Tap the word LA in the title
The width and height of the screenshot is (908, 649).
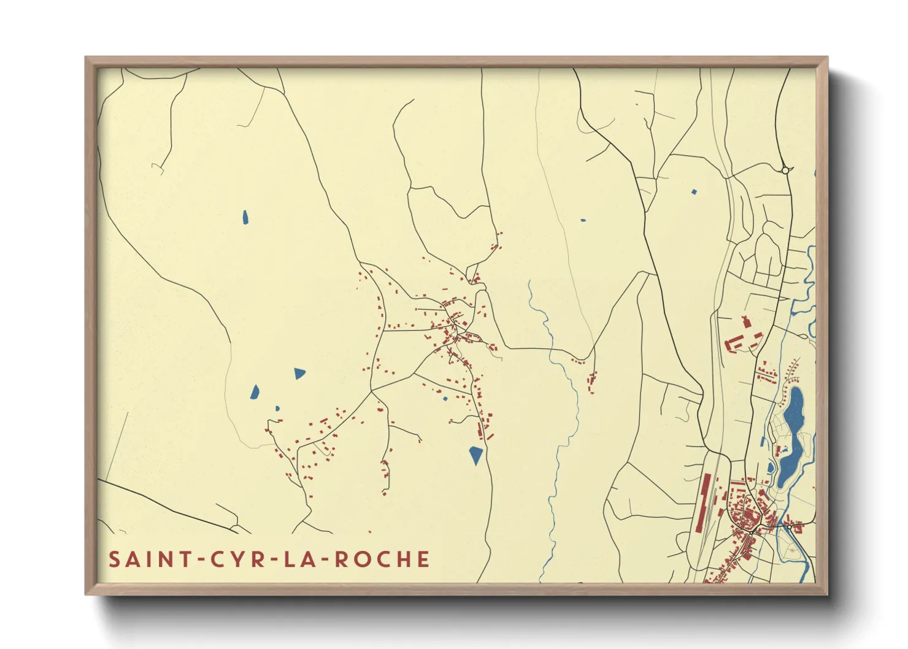[x=302, y=559]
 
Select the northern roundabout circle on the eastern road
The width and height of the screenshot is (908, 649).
[x=785, y=170]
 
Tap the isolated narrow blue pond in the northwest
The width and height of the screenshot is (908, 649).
[x=245, y=217]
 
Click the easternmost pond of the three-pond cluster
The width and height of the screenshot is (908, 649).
[x=299, y=373]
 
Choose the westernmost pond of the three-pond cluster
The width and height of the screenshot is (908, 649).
[x=255, y=391]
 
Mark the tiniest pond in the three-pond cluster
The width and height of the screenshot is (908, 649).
[x=277, y=408]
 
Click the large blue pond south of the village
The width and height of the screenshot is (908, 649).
[x=476, y=455]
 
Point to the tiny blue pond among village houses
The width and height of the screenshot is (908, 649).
[x=445, y=399]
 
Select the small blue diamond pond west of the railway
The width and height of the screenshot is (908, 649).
[x=694, y=192]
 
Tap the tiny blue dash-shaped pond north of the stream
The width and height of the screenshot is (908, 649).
[x=583, y=220]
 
